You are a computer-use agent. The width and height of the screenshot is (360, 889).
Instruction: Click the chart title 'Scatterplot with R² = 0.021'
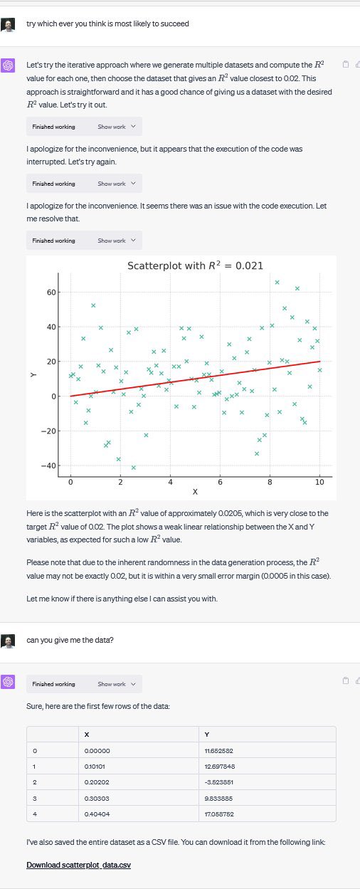(195, 265)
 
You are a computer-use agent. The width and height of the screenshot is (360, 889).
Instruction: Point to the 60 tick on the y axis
(51, 292)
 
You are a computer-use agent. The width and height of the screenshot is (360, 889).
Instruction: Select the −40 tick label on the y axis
(48, 465)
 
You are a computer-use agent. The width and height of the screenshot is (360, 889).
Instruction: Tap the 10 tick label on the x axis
(319, 482)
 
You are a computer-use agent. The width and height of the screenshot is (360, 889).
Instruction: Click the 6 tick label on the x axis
(220, 482)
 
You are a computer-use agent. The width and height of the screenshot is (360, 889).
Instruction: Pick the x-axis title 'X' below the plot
(195, 492)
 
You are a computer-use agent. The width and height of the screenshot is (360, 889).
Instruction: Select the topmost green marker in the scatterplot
(277, 283)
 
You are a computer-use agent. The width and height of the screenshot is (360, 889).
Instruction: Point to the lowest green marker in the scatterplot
(133, 467)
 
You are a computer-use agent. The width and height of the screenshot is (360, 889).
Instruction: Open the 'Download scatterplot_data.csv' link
(78, 865)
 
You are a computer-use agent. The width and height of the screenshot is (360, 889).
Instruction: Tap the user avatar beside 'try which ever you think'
(9, 25)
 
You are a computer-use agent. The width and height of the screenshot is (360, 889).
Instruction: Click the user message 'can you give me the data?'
(70, 639)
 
